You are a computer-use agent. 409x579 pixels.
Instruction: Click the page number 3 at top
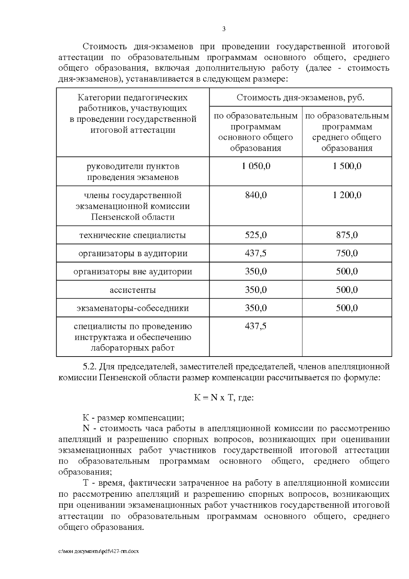tap(224, 29)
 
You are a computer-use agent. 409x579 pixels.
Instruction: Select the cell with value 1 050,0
tap(256, 166)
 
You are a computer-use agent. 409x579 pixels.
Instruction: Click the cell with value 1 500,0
tap(347, 166)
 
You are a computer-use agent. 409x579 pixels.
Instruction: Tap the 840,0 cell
tap(256, 195)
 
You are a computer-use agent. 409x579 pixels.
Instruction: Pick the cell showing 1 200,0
tap(347, 195)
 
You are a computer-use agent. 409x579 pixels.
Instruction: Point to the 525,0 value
tap(256, 235)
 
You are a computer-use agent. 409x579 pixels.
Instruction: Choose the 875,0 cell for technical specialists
tap(347, 235)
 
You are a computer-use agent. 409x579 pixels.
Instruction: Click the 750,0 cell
tap(347, 253)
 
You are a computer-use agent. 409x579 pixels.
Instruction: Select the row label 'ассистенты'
tap(133, 290)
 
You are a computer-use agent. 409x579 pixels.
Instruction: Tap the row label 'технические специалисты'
tap(133, 235)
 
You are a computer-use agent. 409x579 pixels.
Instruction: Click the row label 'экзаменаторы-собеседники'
tap(133, 308)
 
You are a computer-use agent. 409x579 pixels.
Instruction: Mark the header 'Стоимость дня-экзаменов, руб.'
tap(300, 98)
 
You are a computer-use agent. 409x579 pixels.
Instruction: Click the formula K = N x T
tap(224, 398)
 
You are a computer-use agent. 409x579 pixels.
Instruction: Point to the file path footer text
tap(99, 551)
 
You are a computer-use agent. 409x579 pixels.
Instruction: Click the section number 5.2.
tap(90, 367)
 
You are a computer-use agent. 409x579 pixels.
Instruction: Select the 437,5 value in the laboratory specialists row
tap(256, 326)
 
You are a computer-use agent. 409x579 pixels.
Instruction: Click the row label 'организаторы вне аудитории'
tap(133, 272)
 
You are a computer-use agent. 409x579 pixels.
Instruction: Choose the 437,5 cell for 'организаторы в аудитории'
tap(256, 253)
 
